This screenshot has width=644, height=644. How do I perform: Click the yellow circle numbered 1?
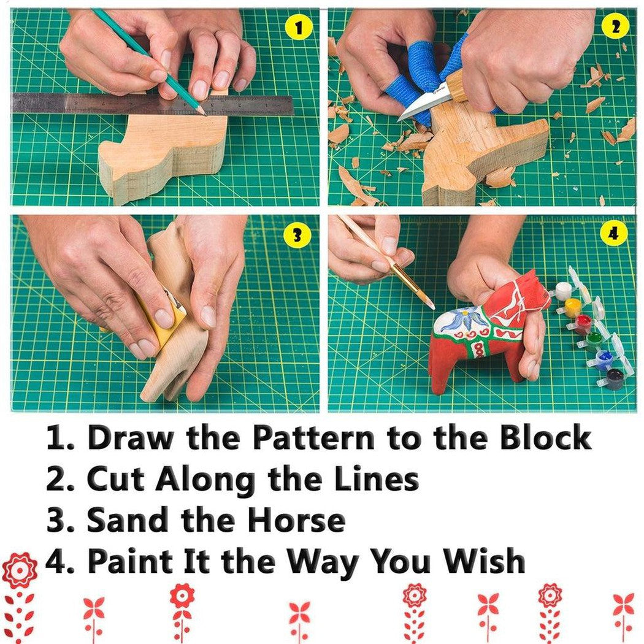(299, 28)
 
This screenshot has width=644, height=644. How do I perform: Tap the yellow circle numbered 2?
(616, 28)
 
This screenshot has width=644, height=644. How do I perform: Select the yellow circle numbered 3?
(298, 236)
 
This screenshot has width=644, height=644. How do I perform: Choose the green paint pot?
(594, 340)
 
